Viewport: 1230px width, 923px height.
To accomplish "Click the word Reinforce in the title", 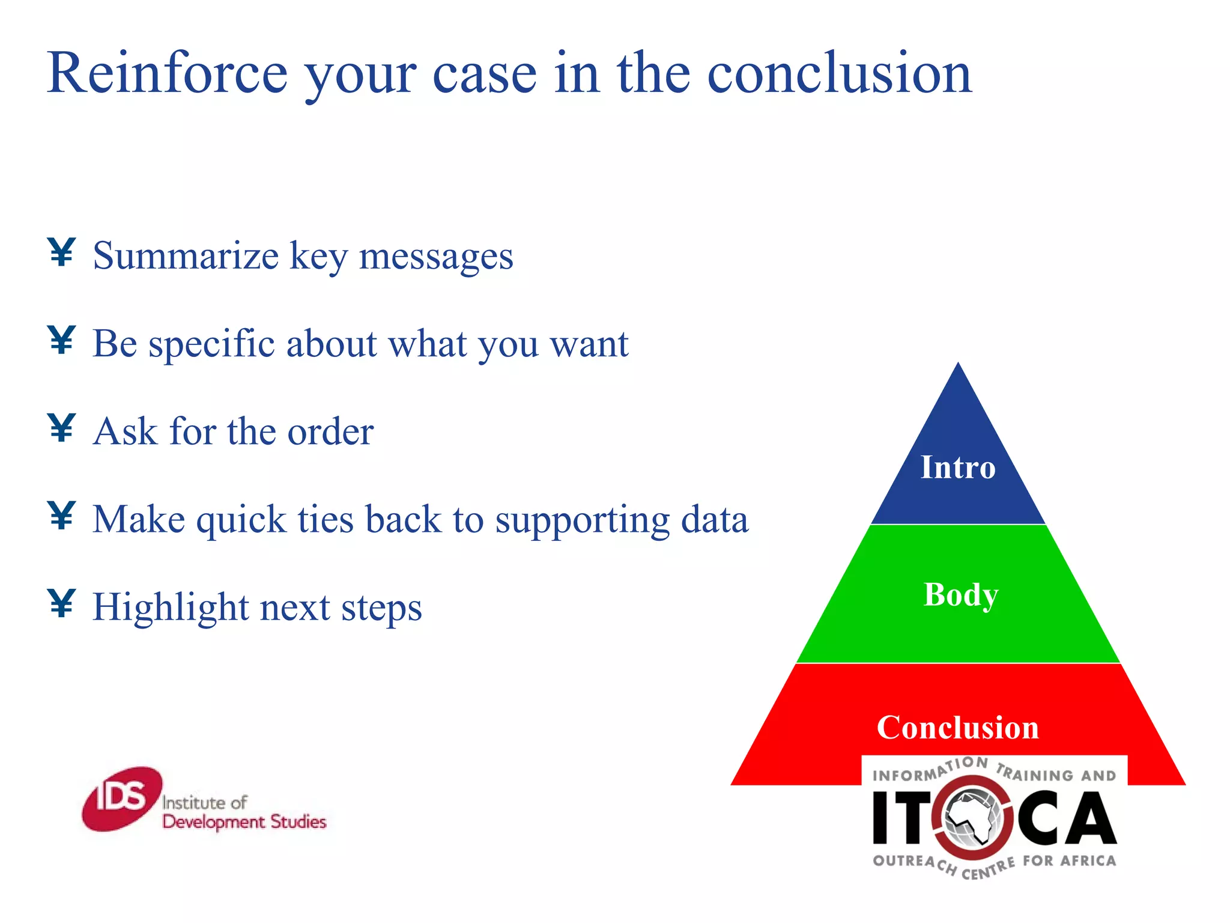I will coord(167,73).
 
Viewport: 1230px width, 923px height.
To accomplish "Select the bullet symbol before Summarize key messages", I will coord(61,252).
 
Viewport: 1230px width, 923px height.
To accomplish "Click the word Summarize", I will coord(186,256).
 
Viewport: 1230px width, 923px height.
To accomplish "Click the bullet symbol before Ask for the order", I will coord(61,428).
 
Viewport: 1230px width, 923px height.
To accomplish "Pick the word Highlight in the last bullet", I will coord(171,608).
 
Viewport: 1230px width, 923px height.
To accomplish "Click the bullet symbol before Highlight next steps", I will coord(61,603).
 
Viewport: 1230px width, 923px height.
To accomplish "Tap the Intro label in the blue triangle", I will coord(958,468).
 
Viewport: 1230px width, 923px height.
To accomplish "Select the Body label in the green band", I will coord(960,595).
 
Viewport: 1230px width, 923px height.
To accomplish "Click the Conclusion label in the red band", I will coord(957,728).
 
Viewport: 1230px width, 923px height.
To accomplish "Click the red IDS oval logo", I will coord(122,799).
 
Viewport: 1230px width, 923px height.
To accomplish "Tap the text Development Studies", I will coord(244,822).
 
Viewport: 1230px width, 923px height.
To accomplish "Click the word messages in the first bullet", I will coord(436,256).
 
